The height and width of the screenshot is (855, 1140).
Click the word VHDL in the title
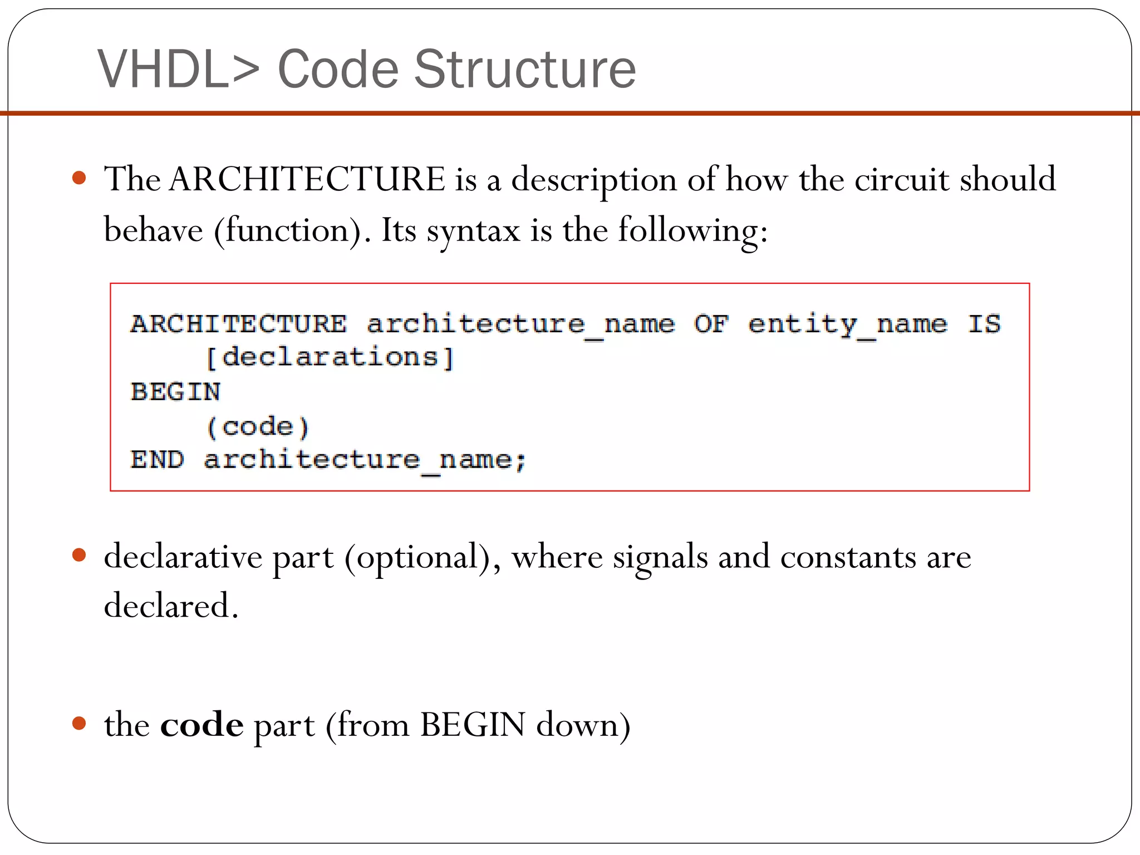tap(163, 69)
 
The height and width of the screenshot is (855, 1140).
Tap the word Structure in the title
tap(524, 69)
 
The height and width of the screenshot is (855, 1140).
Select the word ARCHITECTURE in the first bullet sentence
tap(307, 179)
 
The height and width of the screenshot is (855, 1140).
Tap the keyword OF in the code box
tap(711, 323)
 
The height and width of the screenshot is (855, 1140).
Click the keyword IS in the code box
tap(984, 323)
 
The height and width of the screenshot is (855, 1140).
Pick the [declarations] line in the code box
tap(330, 357)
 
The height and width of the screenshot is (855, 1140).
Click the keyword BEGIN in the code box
tap(175, 392)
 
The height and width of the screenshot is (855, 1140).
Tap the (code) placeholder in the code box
tap(257, 427)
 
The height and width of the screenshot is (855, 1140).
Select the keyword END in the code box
tap(157, 460)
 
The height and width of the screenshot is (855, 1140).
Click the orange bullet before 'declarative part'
tap(80, 556)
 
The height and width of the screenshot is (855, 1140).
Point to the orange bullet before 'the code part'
tap(80, 724)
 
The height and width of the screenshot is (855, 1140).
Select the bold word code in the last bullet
tap(202, 725)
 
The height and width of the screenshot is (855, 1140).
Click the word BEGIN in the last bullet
tap(473, 725)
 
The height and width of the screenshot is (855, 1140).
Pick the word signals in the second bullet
tap(660, 557)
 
